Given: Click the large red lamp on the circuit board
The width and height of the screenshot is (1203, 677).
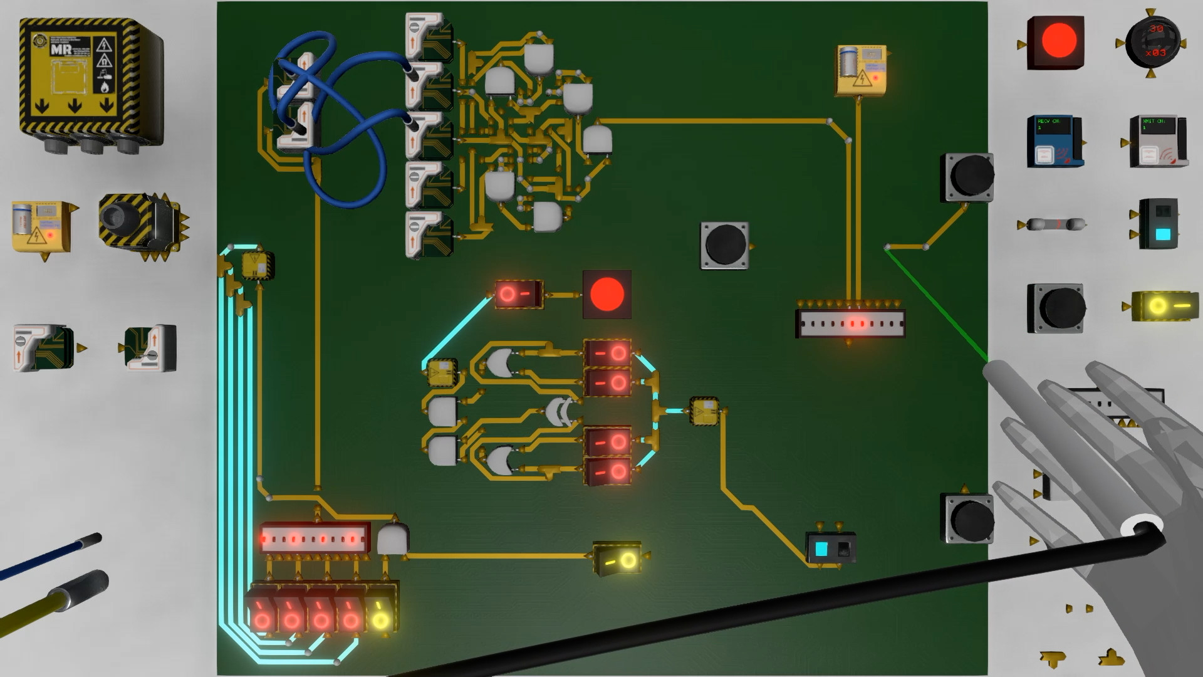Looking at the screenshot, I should [x=607, y=294].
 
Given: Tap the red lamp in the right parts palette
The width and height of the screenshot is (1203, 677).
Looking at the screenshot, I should [x=1058, y=41].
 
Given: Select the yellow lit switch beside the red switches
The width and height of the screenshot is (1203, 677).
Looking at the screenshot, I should [x=380, y=614].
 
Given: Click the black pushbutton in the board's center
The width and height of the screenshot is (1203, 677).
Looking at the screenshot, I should [x=724, y=245].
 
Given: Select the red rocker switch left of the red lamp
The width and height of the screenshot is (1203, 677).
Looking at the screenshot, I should [x=518, y=294].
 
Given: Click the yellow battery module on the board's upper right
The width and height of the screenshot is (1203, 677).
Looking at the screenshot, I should [x=861, y=70].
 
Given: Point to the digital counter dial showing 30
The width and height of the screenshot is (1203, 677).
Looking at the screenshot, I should [x=1152, y=41].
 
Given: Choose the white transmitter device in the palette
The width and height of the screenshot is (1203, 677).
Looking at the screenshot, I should [x=1157, y=142].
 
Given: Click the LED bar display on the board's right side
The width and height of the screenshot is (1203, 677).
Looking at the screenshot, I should [x=850, y=324].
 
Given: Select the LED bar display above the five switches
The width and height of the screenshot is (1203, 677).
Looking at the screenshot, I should [x=314, y=538].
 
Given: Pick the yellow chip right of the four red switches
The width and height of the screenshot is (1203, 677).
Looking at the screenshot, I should [x=704, y=411].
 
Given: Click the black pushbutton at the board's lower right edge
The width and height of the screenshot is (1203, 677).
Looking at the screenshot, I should [x=968, y=518].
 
